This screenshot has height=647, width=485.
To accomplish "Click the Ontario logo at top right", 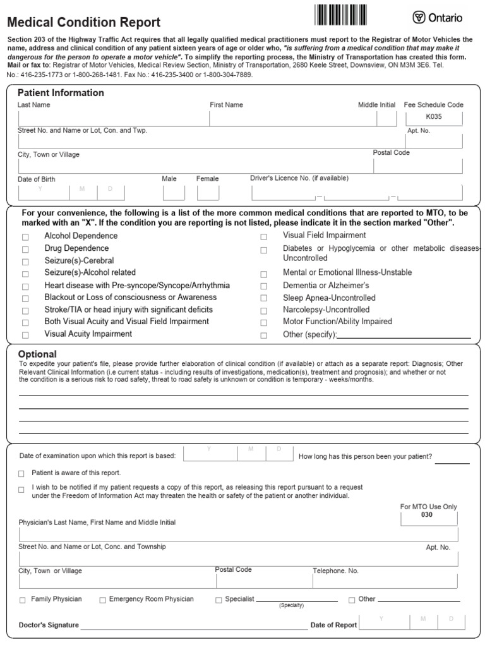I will point(438,18).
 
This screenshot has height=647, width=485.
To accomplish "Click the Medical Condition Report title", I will point(83,23).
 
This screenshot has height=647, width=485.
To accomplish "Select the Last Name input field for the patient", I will point(112,119).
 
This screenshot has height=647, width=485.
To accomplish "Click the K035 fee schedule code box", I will point(434,118).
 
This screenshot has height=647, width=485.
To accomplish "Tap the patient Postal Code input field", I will point(418,166).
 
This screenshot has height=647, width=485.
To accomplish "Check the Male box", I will point(174,193).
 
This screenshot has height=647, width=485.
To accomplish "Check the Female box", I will point(208,193).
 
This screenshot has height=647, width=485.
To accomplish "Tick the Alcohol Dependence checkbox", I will point(25,237).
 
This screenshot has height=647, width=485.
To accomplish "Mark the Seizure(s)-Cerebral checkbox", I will point(25,262).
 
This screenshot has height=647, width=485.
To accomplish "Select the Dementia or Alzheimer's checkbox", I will point(264,286).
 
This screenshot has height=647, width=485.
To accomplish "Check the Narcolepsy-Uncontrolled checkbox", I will point(264,311).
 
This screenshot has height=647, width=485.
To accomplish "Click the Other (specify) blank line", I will point(404,335).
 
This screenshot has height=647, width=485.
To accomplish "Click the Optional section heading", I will point(37,354).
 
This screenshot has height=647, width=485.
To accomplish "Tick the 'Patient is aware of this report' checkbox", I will point(21,473).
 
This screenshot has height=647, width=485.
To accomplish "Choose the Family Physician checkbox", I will point(23,600).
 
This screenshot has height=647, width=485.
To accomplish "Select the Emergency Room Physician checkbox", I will point(102,600).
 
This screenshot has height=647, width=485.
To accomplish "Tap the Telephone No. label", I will point(336,571).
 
